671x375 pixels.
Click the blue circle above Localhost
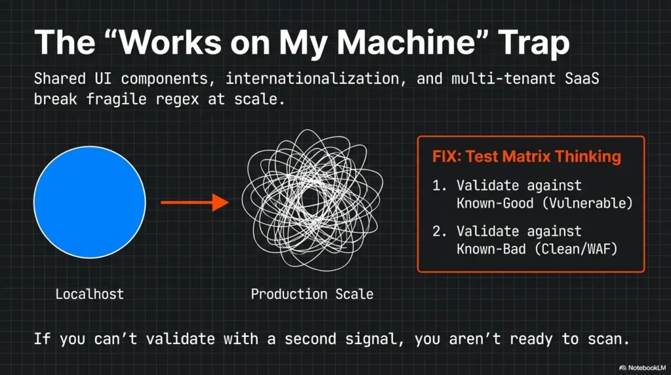89,202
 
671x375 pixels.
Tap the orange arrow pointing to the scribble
195,203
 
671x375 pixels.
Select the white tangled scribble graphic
312,200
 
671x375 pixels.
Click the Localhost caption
89,294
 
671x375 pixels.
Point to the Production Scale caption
312,294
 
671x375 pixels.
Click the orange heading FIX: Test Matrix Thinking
526,156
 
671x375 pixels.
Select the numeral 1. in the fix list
440,186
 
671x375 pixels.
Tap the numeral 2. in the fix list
440,231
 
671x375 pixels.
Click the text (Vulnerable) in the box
587,203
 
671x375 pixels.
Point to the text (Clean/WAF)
577,248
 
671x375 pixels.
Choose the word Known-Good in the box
495,203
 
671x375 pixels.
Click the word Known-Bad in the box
491,248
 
